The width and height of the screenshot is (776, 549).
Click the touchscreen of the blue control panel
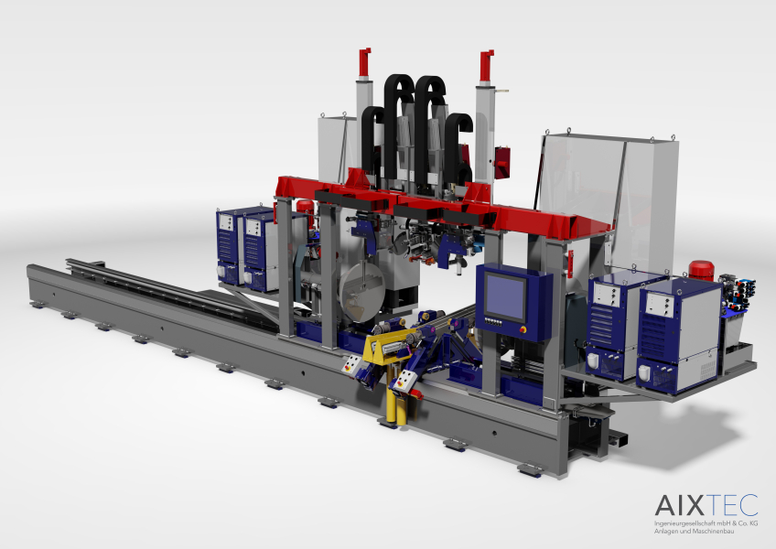pyautogui.click(x=505, y=297)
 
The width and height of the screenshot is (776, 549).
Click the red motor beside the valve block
pyautogui.click(x=701, y=270)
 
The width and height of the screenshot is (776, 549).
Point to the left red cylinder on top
pyautogui.click(x=364, y=62)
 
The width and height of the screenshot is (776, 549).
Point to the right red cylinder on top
pyautogui.click(x=486, y=65)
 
